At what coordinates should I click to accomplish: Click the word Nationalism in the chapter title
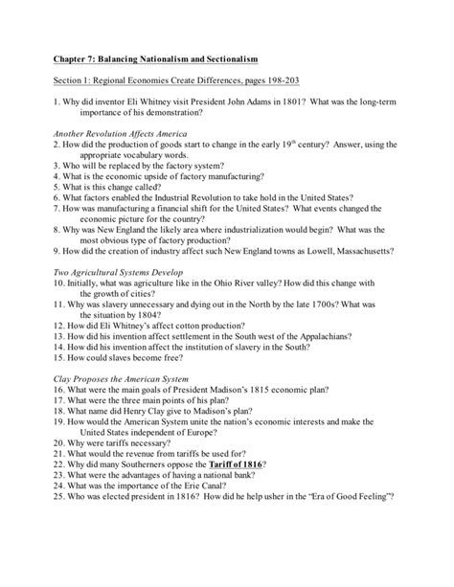point(170,61)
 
